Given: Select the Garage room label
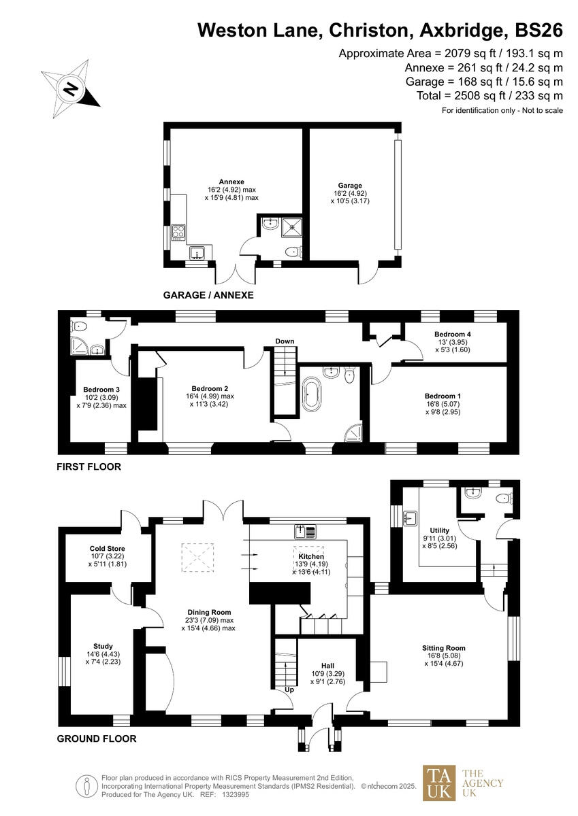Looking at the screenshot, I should pyautogui.click(x=350, y=185).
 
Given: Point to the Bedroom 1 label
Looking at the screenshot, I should pyautogui.click(x=443, y=396).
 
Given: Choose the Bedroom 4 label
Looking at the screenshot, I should pyautogui.click(x=453, y=335).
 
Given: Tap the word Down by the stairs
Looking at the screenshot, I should pyautogui.click(x=285, y=341).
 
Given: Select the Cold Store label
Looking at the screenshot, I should pyautogui.click(x=108, y=548).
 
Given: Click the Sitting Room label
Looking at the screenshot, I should pyautogui.click(x=443, y=648).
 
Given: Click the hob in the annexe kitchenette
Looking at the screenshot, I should pyautogui.click(x=178, y=232).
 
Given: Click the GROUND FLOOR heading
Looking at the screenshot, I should pyautogui.click(x=96, y=738).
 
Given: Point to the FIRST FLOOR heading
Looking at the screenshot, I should pyautogui.click(x=89, y=467).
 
